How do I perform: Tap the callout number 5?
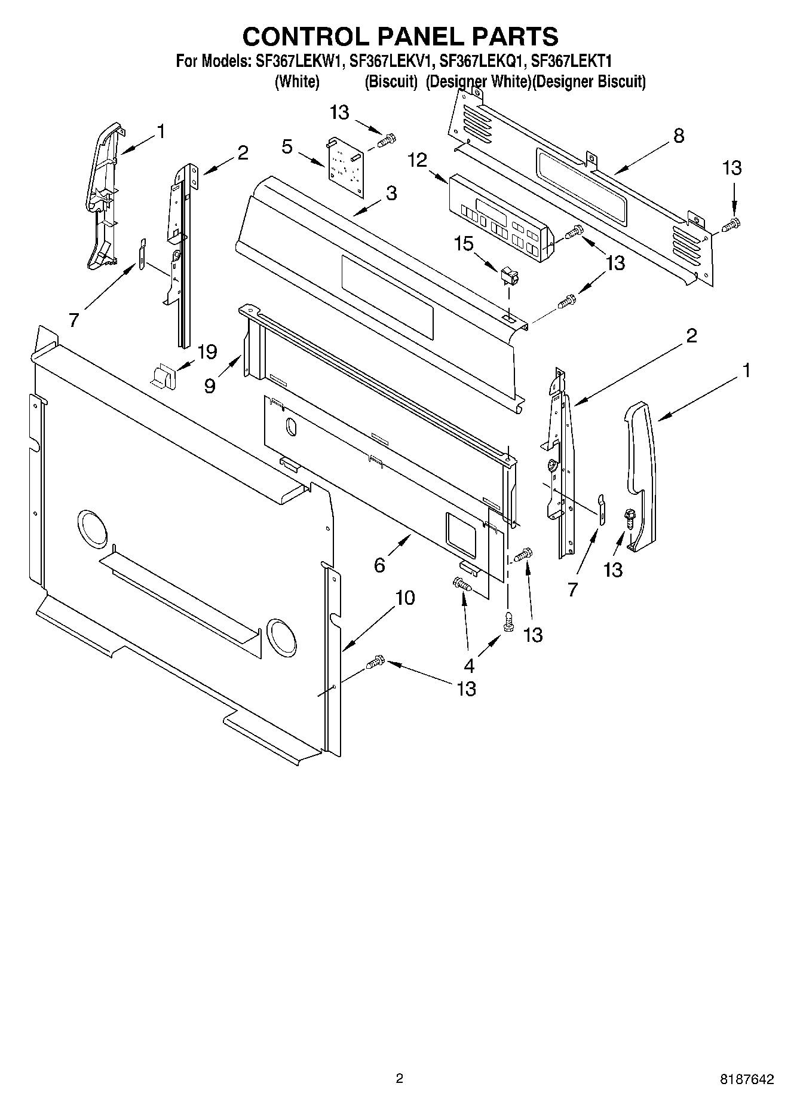[x=287, y=146]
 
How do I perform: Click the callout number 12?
[x=418, y=160]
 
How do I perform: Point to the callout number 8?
[x=678, y=136]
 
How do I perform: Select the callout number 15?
[x=464, y=243]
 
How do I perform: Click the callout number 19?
[x=207, y=352]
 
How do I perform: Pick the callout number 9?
[x=210, y=385]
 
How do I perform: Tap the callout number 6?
[x=379, y=565]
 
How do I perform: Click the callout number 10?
[x=405, y=597]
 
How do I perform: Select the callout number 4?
[x=469, y=665]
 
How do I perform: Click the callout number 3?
[x=391, y=193]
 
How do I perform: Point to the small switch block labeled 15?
[x=509, y=276]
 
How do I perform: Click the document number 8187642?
[x=747, y=1079]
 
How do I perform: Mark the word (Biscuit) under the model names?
[x=391, y=81]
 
